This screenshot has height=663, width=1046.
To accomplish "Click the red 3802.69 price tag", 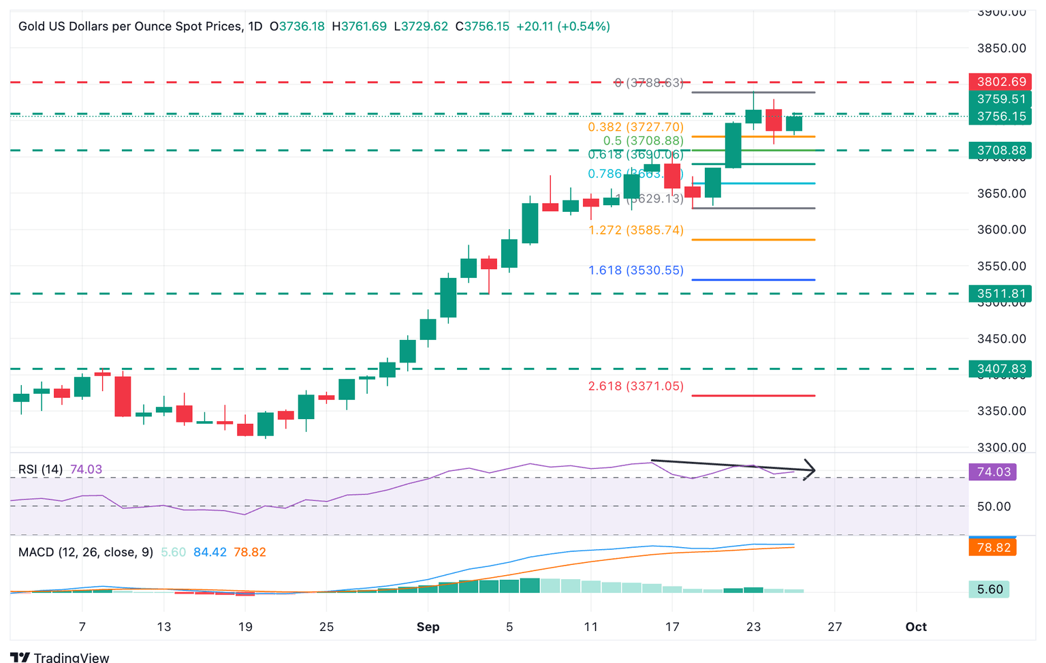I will coord(1000,82).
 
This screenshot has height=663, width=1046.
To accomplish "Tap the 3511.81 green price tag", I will coord(1000,294).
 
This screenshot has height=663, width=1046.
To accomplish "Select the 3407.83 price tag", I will coord(1000,369).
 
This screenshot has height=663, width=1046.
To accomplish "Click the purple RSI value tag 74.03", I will coord(993,472).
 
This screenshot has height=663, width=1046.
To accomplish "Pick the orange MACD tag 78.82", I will coord(993,547).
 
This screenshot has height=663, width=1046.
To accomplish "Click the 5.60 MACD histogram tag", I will coord(989,589).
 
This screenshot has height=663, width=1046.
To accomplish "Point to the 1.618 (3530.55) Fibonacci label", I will coord(635,271).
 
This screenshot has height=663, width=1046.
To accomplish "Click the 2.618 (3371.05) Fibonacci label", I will coord(635,386).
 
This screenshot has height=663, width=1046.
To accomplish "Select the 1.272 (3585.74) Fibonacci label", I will coord(635,230).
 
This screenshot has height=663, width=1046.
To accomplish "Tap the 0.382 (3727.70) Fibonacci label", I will coord(635,127).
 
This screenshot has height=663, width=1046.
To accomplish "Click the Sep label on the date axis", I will coord(428,627).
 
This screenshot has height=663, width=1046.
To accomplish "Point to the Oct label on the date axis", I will coord(916,627).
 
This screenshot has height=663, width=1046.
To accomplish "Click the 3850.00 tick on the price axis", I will coord(1001,48).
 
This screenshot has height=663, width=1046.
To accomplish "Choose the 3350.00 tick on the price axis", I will coord(1001,411).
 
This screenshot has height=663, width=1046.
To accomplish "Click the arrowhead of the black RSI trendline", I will coord(810,470).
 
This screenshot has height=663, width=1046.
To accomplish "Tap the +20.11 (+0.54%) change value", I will coord(563,27).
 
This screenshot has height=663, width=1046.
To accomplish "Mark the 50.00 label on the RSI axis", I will coord(994,506).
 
